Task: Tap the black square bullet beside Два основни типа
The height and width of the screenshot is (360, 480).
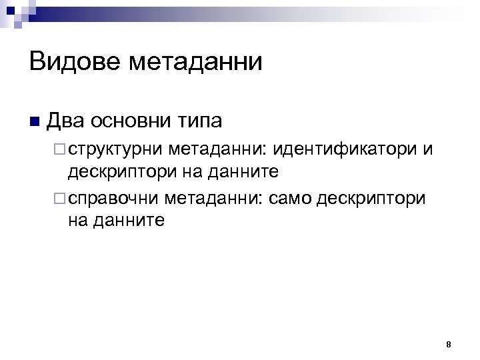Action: [35, 123]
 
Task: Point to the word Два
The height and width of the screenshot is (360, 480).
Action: [65, 121]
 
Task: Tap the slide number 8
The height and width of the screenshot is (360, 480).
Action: [448, 345]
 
